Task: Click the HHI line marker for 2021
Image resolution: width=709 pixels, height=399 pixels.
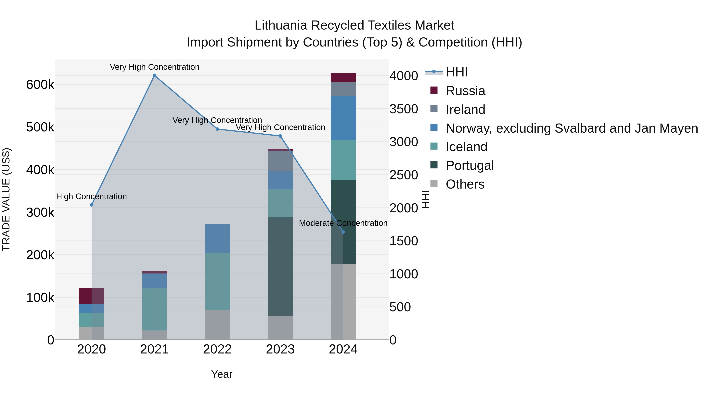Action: (x=154, y=75)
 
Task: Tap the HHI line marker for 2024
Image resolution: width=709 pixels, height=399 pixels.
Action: (x=343, y=232)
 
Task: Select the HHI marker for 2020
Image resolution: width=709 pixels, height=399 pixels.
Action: (x=92, y=205)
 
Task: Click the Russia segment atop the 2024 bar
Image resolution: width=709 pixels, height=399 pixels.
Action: (x=343, y=77)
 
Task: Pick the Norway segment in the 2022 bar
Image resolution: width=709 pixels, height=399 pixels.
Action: (x=217, y=238)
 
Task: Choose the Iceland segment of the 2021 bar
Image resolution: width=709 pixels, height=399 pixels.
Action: (x=154, y=309)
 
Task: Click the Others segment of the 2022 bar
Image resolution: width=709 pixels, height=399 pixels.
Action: (x=217, y=325)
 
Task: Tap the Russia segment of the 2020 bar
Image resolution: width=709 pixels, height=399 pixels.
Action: (x=92, y=296)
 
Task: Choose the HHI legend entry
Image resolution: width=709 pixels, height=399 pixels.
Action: (x=456, y=72)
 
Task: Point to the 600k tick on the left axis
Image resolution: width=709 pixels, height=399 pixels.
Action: (x=40, y=85)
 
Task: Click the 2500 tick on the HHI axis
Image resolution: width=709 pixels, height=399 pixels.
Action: (x=404, y=175)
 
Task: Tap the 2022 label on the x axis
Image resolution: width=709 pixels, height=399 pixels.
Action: (x=217, y=349)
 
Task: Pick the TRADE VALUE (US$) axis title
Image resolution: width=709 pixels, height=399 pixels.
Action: (x=6, y=199)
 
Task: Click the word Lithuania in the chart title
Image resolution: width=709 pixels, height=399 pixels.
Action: (x=280, y=25)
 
